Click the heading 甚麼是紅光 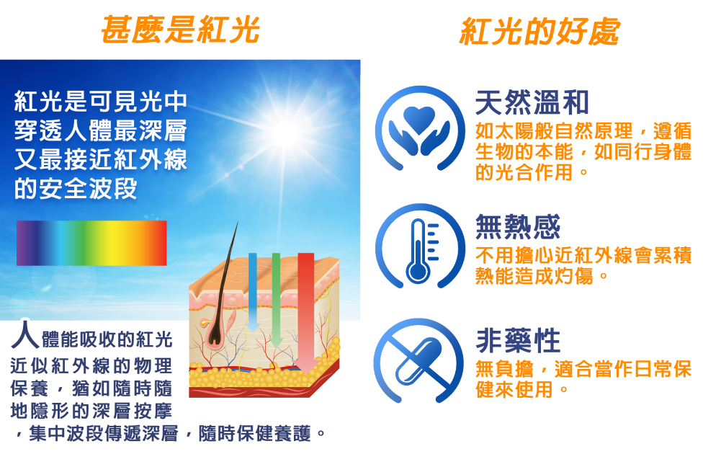coord(180,30)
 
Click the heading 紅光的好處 coord(539,31)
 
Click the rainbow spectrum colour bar coord(91,243)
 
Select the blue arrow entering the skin coord(252,293)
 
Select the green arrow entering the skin coord(276,300)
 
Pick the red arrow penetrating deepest coord(306,313)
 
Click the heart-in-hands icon coord(419,128)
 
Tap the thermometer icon coord(419,246)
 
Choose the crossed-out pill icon coord(418,360)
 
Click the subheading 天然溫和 coord(532,102)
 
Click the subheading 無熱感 coord(518,227)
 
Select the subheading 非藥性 coord(518,341)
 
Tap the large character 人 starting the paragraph coord(24,334)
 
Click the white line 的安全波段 coord(76,188)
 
